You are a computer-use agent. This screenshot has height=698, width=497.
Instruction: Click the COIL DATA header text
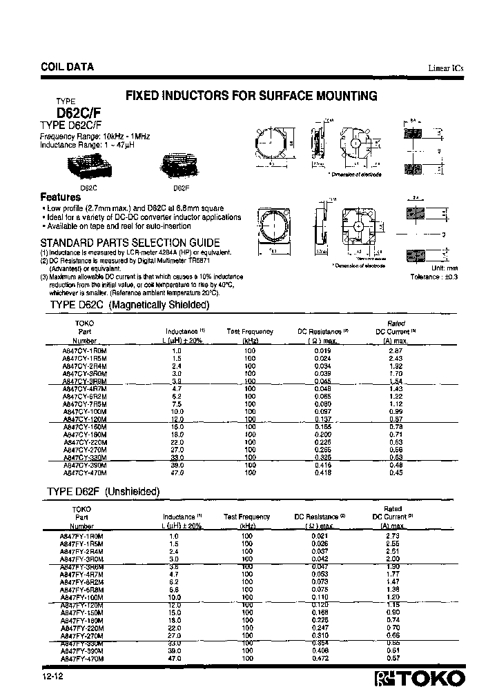[x=63, y=68]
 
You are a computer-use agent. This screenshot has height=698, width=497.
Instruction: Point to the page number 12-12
[x=51, y=677]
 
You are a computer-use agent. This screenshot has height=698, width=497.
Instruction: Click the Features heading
[x=61, y=197]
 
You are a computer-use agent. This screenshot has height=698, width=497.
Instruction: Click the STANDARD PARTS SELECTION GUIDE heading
[x=130, y=243]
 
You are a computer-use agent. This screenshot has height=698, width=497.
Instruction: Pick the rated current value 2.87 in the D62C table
[x=394, y=351]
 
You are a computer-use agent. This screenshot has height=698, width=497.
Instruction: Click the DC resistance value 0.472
[x=316, y=659]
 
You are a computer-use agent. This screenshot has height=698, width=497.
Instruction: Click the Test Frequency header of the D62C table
[x=250, y=332]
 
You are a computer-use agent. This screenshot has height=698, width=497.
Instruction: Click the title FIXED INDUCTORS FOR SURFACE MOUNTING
[x=251, y=96]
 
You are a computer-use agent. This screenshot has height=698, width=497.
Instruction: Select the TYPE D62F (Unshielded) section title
[x=103, y=491]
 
